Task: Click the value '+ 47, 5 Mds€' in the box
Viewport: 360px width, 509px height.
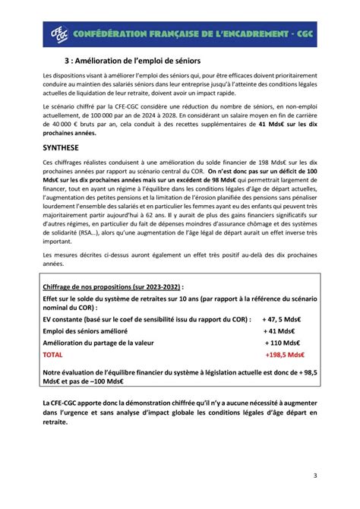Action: (283, 321)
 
